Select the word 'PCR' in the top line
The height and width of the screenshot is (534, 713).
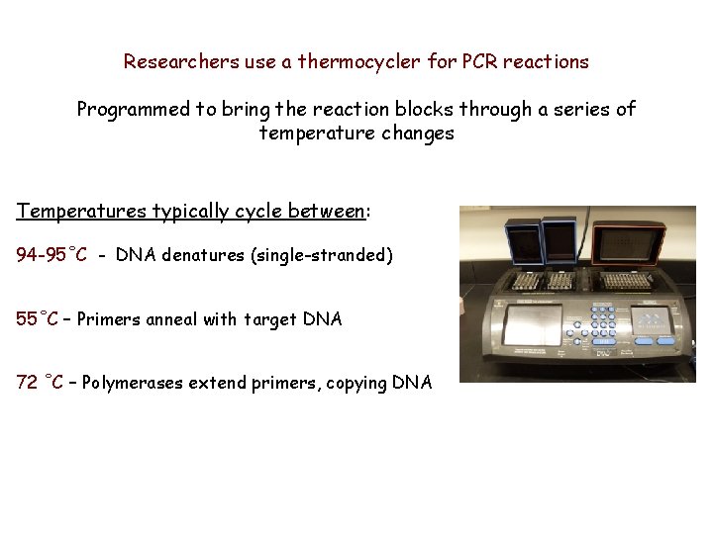(477, 62)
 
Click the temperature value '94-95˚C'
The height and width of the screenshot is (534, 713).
(51, 256)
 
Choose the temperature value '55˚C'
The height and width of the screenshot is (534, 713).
(38, 319)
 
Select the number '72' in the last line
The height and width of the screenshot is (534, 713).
(27, 383)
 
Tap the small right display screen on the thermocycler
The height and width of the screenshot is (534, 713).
(656, 321)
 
